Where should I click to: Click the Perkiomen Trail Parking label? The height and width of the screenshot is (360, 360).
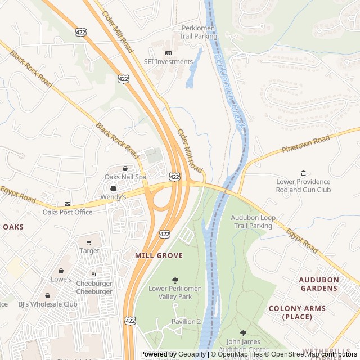click(x=199, y=32)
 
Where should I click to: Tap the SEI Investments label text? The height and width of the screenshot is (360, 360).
click(x=168, y=62)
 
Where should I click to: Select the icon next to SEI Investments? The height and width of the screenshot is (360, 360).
click(x=168, y=53)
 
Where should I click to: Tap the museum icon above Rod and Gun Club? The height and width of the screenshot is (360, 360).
click(x=304, y=173)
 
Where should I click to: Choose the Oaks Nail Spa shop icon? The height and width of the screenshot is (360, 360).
click(x=125, y=168)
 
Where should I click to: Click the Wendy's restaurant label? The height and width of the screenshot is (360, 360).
click(x=113, y=197)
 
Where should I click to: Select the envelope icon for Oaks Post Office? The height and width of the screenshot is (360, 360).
click(x=67, y=204)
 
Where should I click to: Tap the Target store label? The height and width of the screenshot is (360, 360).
click(x=89, y=251)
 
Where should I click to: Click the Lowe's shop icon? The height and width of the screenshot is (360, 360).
click(x=61, y=271)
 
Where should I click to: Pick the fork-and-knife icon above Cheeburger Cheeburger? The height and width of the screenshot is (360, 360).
click(x=94, y=275)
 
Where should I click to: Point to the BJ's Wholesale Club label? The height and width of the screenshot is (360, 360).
click(x=47, y=304)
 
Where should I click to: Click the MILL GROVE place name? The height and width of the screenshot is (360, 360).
click(x=159, y=255)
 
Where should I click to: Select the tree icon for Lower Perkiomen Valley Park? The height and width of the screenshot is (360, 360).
click(x=175, y=280)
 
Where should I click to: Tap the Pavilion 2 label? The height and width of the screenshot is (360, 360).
click(x=186, y=321)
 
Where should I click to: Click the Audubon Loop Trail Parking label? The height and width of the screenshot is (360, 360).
click(x=253, y=222)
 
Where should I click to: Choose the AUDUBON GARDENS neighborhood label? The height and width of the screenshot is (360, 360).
click(x=318, y=283)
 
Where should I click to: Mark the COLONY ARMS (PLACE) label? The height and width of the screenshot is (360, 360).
click(x=297, y=312)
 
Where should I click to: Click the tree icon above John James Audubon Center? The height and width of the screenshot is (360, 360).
click(x=243, y=333)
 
